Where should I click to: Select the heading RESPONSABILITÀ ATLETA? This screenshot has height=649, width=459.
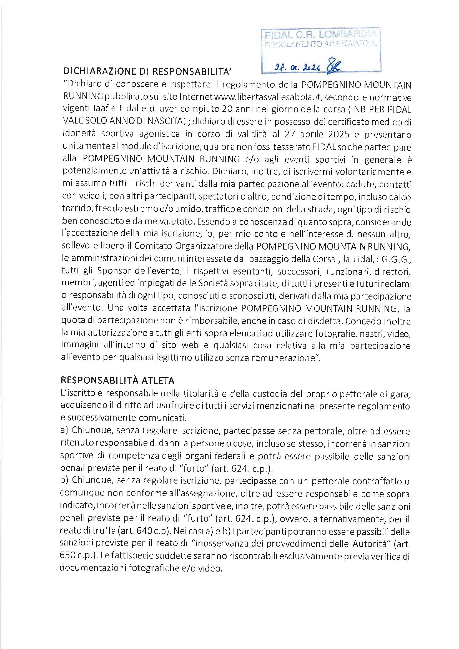[x=117, y=381]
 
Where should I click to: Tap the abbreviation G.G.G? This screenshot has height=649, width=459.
[x=396, y=259]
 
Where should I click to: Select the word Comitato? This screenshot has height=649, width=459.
[x=153, y=246]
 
